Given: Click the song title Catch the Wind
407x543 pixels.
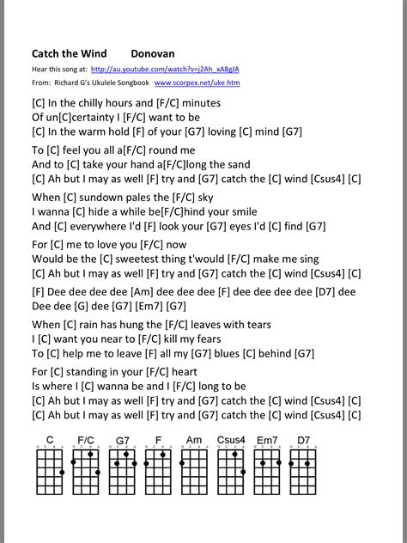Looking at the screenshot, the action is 73,53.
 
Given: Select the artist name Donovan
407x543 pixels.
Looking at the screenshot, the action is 153,53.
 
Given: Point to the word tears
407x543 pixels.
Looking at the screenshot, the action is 253,324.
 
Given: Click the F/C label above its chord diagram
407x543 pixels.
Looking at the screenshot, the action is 85,440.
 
